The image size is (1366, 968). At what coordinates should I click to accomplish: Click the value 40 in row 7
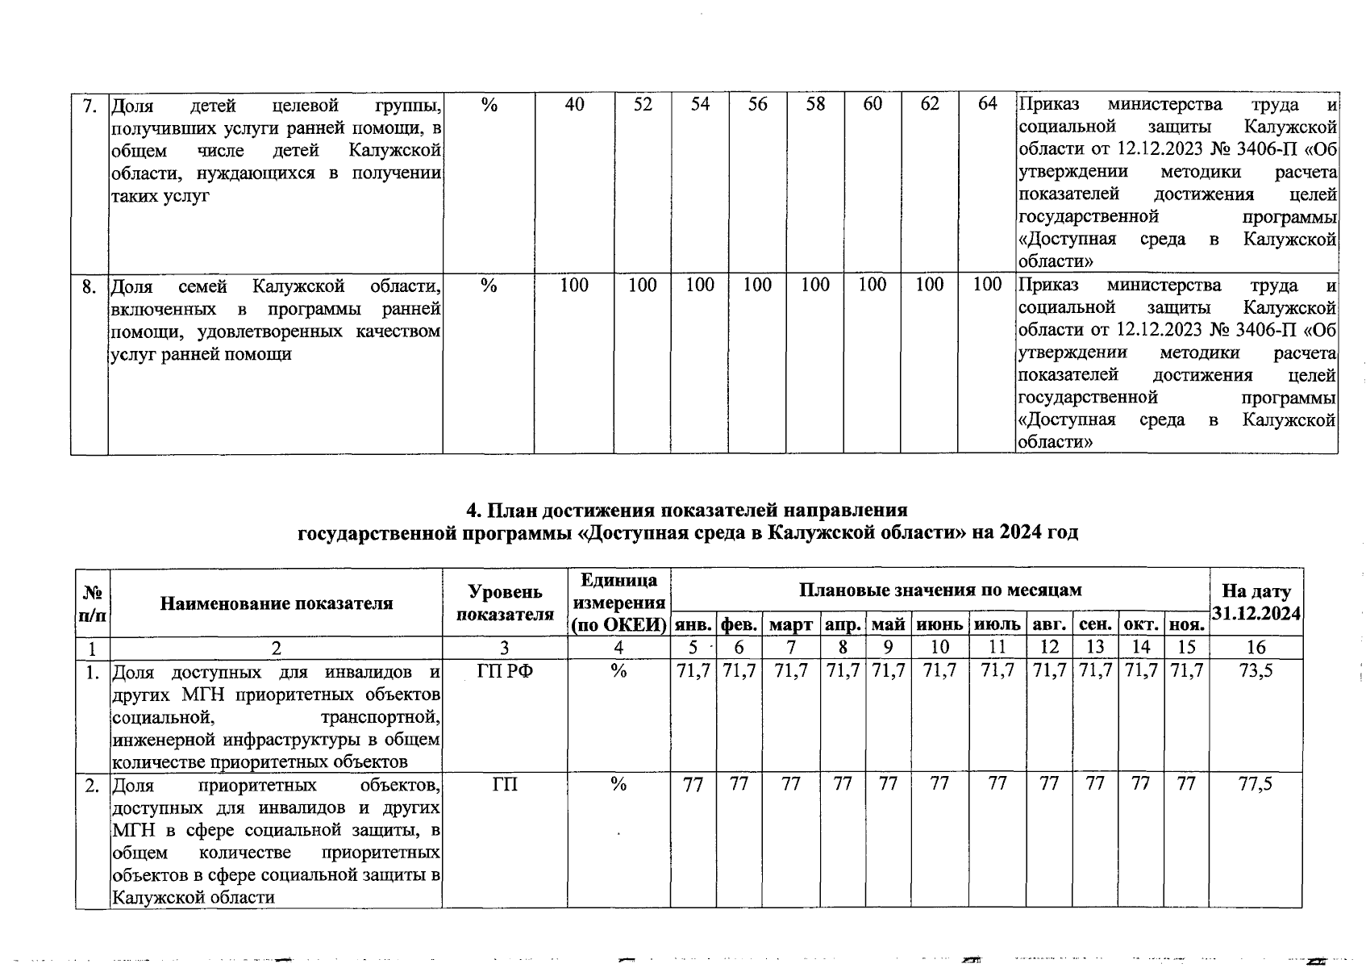[x=574, y=105]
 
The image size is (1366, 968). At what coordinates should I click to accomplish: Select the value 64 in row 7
[x=987, y=104]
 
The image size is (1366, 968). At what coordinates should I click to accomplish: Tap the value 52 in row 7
[x=643, y=105]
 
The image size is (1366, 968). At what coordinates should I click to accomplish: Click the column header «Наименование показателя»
[x=276, y=603]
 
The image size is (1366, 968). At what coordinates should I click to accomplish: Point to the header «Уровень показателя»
[x=505, y=603]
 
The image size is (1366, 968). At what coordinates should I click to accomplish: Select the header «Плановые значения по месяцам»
[x=939, y=590]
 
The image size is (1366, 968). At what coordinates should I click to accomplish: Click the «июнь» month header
[x=939, y=624]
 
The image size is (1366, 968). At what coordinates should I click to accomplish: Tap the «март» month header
[x=791, y=624]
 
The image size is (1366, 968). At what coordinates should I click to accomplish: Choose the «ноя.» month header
[x=1186, y=624]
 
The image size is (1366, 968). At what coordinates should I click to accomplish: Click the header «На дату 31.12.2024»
[x=1256, y=603]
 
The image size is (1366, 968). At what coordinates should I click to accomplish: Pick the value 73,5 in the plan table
[x=1256, y=670]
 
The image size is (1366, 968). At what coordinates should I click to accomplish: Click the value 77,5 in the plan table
[x=1256, y=783]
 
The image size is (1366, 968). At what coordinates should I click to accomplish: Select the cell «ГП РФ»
[x=505, y=670]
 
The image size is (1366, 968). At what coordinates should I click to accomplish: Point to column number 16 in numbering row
[x=1256, y=647]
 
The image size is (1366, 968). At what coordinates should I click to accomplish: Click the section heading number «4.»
[x=475, y=511]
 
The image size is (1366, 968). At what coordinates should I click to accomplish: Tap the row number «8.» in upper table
[x=90, y=286]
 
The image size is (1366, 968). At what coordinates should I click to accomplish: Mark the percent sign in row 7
[x=489, y=105]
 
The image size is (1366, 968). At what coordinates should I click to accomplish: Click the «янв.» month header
[x=693, y=624]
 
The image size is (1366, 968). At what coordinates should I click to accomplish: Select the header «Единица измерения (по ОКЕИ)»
[x=618, y=603]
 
